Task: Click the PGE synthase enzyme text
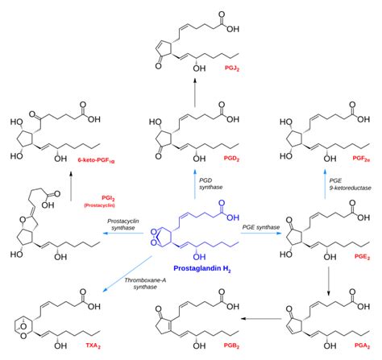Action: [x=260, y=229]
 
